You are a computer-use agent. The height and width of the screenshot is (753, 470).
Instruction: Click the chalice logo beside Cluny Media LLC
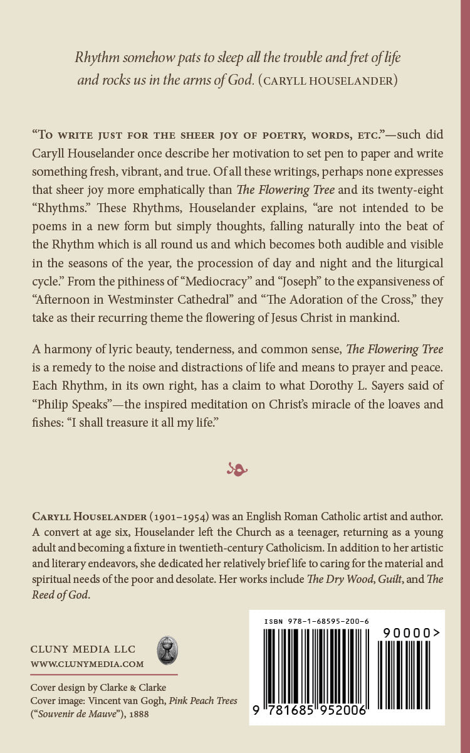pyautogui.click(x=167, y=651)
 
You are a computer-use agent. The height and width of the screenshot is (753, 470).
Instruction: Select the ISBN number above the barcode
pyautogui.click(x=316, y=621)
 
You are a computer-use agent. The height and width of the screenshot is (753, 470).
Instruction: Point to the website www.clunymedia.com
pyautogui.click(x=87, y=664)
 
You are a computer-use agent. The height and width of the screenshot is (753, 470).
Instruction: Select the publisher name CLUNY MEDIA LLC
pyautogui.click(x=83, y=649)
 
